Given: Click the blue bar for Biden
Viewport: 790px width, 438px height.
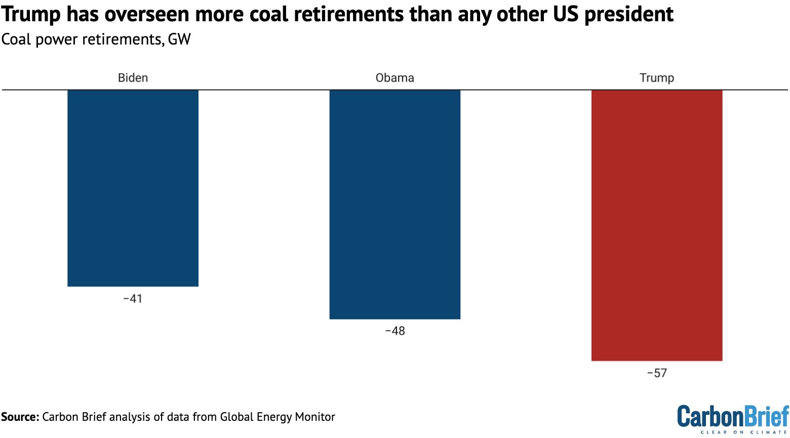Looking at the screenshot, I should pos(133,188).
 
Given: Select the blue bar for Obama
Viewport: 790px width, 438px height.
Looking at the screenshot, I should pos(394,204).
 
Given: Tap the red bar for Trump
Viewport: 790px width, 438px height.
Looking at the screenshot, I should pos(656,225).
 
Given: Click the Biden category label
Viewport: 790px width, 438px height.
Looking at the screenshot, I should pos(133,78).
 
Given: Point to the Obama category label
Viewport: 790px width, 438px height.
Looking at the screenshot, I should pos(394,78).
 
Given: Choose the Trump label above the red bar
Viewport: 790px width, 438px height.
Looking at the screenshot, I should pos(656,78).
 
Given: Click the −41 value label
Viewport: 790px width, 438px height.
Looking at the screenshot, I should pos(133,299).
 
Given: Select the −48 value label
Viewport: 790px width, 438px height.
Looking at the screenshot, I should pos(394,331).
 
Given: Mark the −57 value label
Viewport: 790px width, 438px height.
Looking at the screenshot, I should pos(656,373).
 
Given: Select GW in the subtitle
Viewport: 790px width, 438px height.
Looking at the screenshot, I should pos(179,39).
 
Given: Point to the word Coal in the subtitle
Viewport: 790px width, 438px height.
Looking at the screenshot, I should pos(17,39).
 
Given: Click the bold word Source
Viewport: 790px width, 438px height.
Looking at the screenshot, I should pos(20,417).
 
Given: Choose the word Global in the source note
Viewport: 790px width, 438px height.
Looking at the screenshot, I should pos(236,417).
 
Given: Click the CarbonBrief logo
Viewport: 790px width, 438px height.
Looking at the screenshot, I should pos(733,416).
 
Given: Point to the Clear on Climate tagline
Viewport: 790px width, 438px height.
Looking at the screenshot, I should pos(744,432).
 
